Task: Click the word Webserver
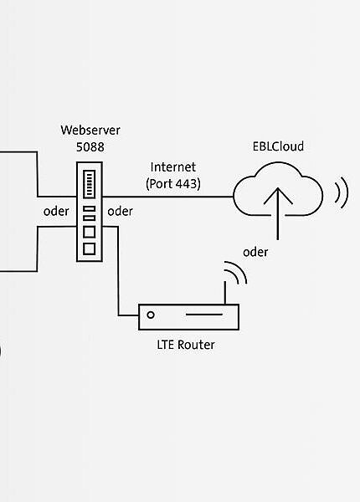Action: pos(90,131)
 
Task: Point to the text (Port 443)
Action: pos(172,183)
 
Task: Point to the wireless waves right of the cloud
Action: pos(341,192)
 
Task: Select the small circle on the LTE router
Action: pos(151,315)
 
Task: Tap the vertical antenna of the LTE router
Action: pos(224,291)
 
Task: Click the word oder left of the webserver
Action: pos(56,211)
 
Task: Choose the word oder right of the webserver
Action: pos(121,211)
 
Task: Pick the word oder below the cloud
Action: pos(256,251)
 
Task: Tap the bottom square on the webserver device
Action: pos(89,248)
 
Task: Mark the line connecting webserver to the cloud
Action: pos(167,197)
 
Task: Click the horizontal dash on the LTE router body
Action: pos(203,315)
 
